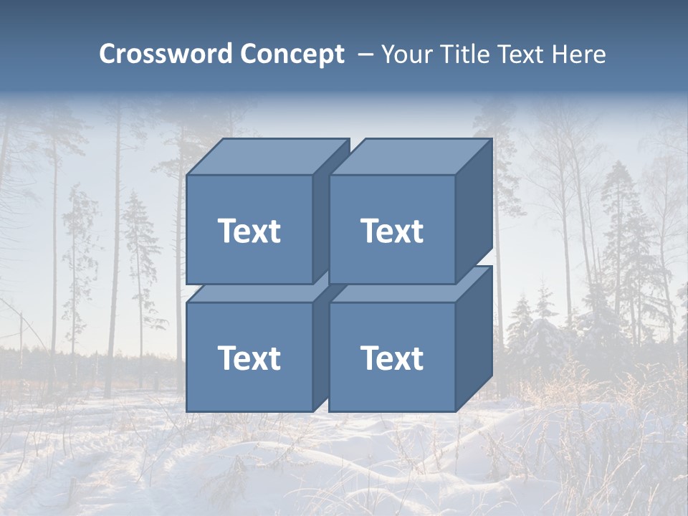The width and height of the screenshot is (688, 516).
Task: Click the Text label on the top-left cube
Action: pos(249,231)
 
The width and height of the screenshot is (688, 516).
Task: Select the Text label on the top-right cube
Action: pos(391,231)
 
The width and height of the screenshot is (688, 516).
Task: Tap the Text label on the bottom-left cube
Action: pos(249,358)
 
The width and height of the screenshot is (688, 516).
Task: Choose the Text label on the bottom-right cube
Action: pos(391,358)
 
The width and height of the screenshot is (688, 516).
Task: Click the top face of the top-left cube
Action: pos(267,157)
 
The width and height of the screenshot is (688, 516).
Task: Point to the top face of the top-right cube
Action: pos(410,157)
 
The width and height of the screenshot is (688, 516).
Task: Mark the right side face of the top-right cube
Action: pos(474,208)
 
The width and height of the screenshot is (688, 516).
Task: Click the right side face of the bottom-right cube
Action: pos(474,337)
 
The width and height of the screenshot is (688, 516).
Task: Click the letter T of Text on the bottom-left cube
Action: pos(226,358)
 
